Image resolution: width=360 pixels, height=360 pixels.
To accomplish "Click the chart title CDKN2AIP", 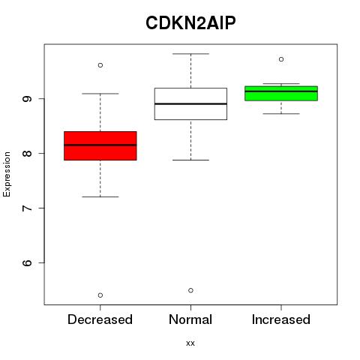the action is click(190, 23).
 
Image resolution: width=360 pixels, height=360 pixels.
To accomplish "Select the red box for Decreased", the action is click(100, 145).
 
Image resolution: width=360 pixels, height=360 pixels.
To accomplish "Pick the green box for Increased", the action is click(281, 93).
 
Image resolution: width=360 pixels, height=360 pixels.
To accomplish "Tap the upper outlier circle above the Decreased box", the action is click(100, 65).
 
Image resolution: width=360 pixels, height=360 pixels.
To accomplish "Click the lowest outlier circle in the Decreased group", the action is click(100, 295).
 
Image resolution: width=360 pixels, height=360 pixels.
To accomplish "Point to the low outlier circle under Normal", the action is click(190, 290).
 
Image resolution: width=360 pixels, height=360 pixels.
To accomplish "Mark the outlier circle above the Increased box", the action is click(281, 59).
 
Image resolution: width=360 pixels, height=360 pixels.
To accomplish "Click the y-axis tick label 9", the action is click(27, 99).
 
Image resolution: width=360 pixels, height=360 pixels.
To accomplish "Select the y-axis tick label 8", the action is click(27, 153).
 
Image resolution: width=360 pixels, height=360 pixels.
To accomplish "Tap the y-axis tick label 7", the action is click(27, 208).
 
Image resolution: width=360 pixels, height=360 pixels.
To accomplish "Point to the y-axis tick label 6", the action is click(27, 262).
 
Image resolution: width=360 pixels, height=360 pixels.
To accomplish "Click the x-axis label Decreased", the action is click(100, 319).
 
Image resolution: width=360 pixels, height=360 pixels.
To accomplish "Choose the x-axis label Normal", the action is click(190, 319).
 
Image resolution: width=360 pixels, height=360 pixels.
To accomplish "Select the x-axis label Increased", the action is click(281, 319).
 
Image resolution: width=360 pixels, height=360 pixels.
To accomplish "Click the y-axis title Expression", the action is click(7, 174).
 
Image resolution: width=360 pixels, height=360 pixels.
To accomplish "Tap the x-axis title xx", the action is click(190, 343).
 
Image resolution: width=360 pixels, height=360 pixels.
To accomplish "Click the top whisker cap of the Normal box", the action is click(190, 54).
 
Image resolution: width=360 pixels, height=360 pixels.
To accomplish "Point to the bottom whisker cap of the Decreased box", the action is click(100, 196).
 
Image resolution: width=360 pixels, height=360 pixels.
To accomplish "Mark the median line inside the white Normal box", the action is click(190, 103).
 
